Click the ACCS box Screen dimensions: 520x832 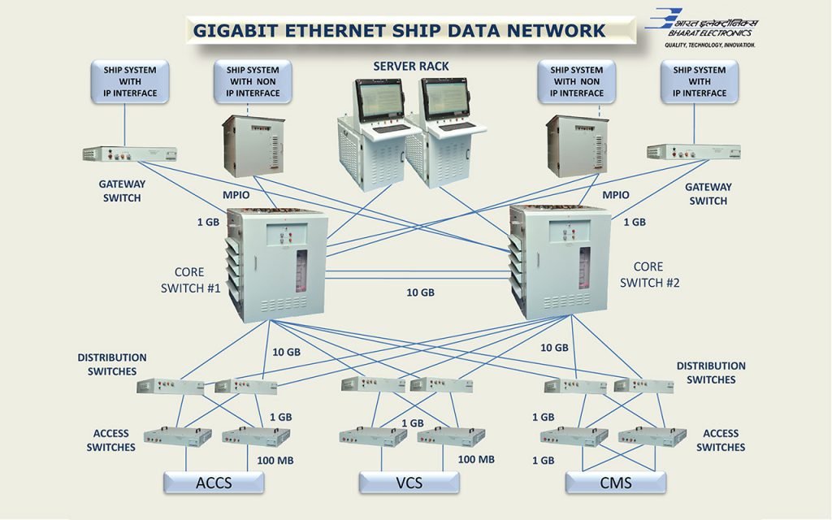point(214,483)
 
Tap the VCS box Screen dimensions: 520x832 point(409,483)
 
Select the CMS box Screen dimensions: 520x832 point(616,483)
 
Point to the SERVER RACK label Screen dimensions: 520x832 point(411,66)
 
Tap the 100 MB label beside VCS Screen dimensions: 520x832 point(476,459)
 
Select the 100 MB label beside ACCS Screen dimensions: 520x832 point(275,461)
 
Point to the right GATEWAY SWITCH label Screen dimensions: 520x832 point(708,193)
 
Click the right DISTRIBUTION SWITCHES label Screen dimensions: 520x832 point(711,372)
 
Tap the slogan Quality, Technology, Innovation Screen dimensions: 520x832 point(709,45)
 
